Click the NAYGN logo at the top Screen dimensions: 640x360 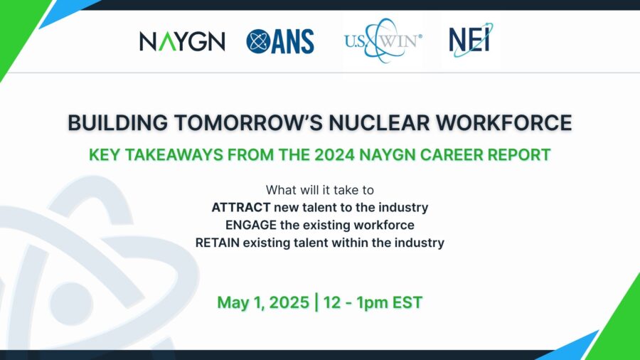pos(182,41)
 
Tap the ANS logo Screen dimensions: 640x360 pos(280,41)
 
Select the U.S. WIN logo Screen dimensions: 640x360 pos(383,41)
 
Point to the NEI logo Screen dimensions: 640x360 pos(471,40)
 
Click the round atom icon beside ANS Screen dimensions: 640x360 pos(258,41)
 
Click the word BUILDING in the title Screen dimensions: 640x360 pos(117,123)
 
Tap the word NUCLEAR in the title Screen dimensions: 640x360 pos(379,123)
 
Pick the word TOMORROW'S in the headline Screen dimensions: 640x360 pos(248,123)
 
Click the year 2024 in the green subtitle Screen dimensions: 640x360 pos(335,155)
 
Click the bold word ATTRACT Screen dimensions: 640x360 pos(241,207)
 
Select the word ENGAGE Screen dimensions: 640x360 pos(251,225)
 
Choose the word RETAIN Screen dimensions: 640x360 pos(217,243)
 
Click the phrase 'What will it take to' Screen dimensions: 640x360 pos(320,190)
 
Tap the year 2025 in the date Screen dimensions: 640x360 pos(289,302)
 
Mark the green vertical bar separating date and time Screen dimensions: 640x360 pos(316,302)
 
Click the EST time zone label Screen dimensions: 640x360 pos(407,302)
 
